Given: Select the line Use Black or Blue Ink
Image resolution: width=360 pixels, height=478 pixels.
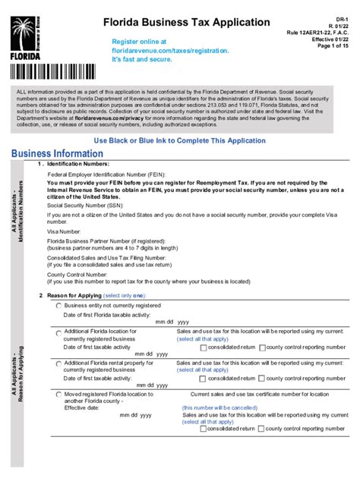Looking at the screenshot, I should (x=180, y=141).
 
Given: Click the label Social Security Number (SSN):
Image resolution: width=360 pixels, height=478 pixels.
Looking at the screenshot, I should (x=84, y=205).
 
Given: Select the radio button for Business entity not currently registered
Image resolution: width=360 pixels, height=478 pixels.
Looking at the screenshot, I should (x=58, y=305).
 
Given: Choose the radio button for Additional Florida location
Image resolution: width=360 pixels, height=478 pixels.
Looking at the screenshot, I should (x=58, y=332).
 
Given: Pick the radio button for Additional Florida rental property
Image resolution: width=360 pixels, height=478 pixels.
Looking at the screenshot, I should (x=58, y=363).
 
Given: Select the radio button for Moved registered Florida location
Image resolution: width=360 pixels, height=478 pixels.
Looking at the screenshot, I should (x=58, y=395).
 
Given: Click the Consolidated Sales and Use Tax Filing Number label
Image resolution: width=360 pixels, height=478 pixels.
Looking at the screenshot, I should (x=115, y=257).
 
